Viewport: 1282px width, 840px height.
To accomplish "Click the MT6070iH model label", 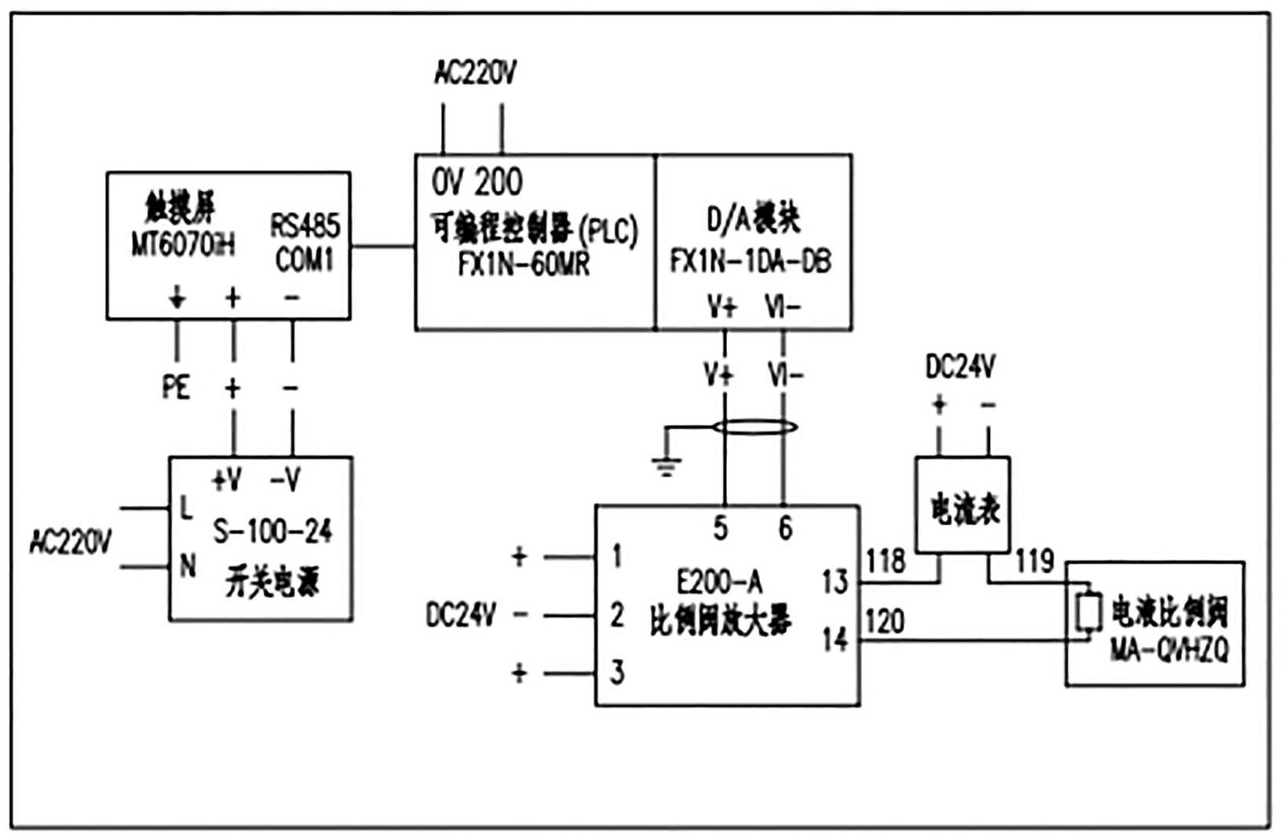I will tap(182, 246).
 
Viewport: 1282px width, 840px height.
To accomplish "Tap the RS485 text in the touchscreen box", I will tap(305, 226).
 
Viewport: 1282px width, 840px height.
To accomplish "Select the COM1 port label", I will tap(305, 259).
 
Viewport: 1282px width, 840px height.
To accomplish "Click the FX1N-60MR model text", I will tap(524, 264).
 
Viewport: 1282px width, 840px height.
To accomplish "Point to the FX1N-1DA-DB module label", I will tap(751, 261).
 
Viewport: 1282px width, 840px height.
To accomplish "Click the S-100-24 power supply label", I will tap(272, 531).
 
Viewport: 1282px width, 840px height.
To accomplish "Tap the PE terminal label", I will tap(176, 386).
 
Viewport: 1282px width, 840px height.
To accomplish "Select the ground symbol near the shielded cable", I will tap(666, 467).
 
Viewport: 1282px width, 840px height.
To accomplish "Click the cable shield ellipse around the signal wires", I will tap(754, 427).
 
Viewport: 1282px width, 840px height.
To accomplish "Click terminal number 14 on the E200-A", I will tap(835, 639).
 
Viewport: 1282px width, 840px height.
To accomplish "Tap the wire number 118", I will tap(886, 561).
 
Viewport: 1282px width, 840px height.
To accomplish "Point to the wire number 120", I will tap(885, 622).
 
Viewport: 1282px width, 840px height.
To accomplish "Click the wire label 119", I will tap(1034, 561).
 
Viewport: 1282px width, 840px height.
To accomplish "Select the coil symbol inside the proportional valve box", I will tap(1088, 613).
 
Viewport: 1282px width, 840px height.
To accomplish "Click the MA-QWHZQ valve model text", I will tap(1169, 650).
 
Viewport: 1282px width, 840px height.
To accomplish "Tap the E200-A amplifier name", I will tap(719, 582).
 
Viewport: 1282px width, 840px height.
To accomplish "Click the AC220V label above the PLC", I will tap(475, 73).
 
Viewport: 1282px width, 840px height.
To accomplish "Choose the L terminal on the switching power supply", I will tap(186, 509).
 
